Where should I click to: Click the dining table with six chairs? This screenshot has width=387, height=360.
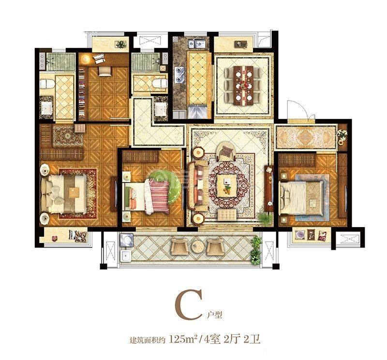point(244,85)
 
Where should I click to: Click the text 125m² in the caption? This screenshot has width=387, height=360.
point(183,340)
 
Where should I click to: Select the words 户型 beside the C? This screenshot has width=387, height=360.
point(214,315)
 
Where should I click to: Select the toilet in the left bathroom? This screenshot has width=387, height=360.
point(47,84)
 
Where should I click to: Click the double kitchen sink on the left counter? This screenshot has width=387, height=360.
point(179,74)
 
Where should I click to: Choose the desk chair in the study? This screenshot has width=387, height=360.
point(105,71)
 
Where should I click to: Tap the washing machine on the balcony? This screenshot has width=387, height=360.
point(126,240)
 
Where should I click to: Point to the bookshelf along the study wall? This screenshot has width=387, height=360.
point(82,93)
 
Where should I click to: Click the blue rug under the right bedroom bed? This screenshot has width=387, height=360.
point(313,198)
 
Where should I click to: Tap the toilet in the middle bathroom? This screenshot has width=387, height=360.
point(159,83)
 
